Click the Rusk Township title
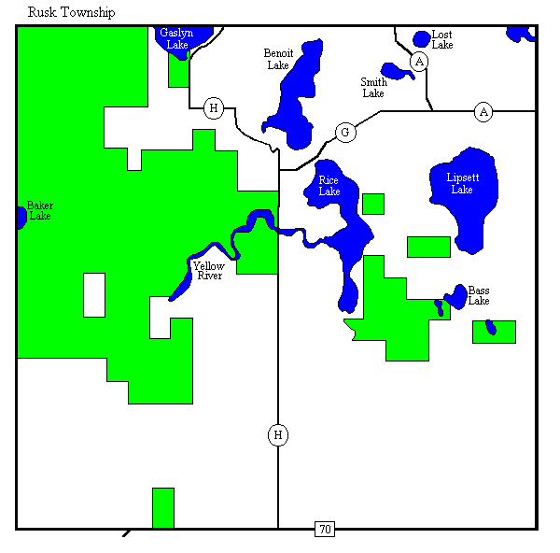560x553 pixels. tap(72, 12)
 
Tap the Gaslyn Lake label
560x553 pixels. tap(176, 38)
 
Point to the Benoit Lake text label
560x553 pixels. tap(278, 59)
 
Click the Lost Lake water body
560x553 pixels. tap(422, 39)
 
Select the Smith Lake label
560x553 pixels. tap(373, 88)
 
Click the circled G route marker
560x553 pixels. tap(345, 133)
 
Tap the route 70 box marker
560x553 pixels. tap(324, 530)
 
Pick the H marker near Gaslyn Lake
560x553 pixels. tap(214, 108)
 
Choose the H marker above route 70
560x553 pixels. tap(278, 434)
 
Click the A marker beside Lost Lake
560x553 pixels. tap(420, 62)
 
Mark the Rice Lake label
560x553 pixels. tap(329, 186)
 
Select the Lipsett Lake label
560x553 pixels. tap(461, 183)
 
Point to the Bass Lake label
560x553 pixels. tap(479, 295)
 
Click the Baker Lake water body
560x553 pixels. tap(21, 217)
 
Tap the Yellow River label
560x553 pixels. tap(208, 271)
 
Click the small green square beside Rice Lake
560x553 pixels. tap(373, 204)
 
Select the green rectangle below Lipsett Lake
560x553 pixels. tap(428, 247)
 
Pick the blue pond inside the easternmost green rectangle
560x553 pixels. tap(490, 327)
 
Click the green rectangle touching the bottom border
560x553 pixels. tap(163, 507)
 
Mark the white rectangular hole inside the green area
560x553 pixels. tap(94, 294)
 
